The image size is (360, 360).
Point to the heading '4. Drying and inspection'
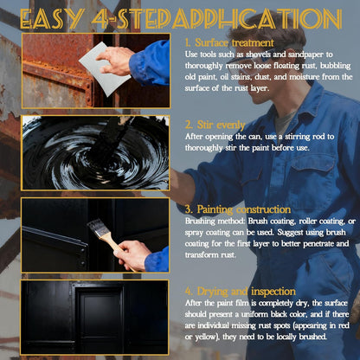pyautogui.click(x=241, y=291)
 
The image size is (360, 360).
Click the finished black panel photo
pyautogui.click(x=95, y=315)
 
